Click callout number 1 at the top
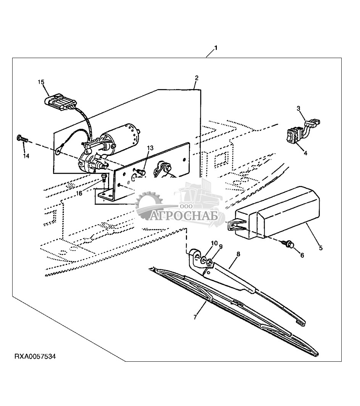pos(216,48)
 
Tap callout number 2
pos(197,78)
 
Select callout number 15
pos(41,82)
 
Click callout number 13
pos(150,148)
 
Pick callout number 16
pos(79,193)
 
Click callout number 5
pos(321,248)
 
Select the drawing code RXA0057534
pos(35,357)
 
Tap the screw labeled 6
pos(288,243)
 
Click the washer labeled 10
pos(204,259)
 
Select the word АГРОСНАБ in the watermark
pos(184,215)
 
